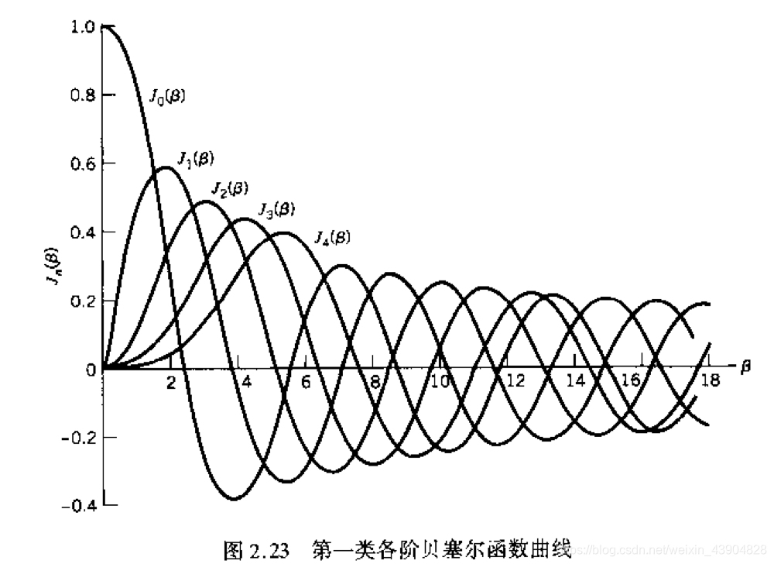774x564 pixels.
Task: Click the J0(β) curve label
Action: (167, 96)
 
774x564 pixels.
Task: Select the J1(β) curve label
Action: (196, 159)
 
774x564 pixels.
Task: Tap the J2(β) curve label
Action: (229, 188)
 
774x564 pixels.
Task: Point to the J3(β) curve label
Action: (276, 208)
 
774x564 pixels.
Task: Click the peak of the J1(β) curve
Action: (164, 167)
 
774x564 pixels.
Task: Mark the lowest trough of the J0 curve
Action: (233, 499)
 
